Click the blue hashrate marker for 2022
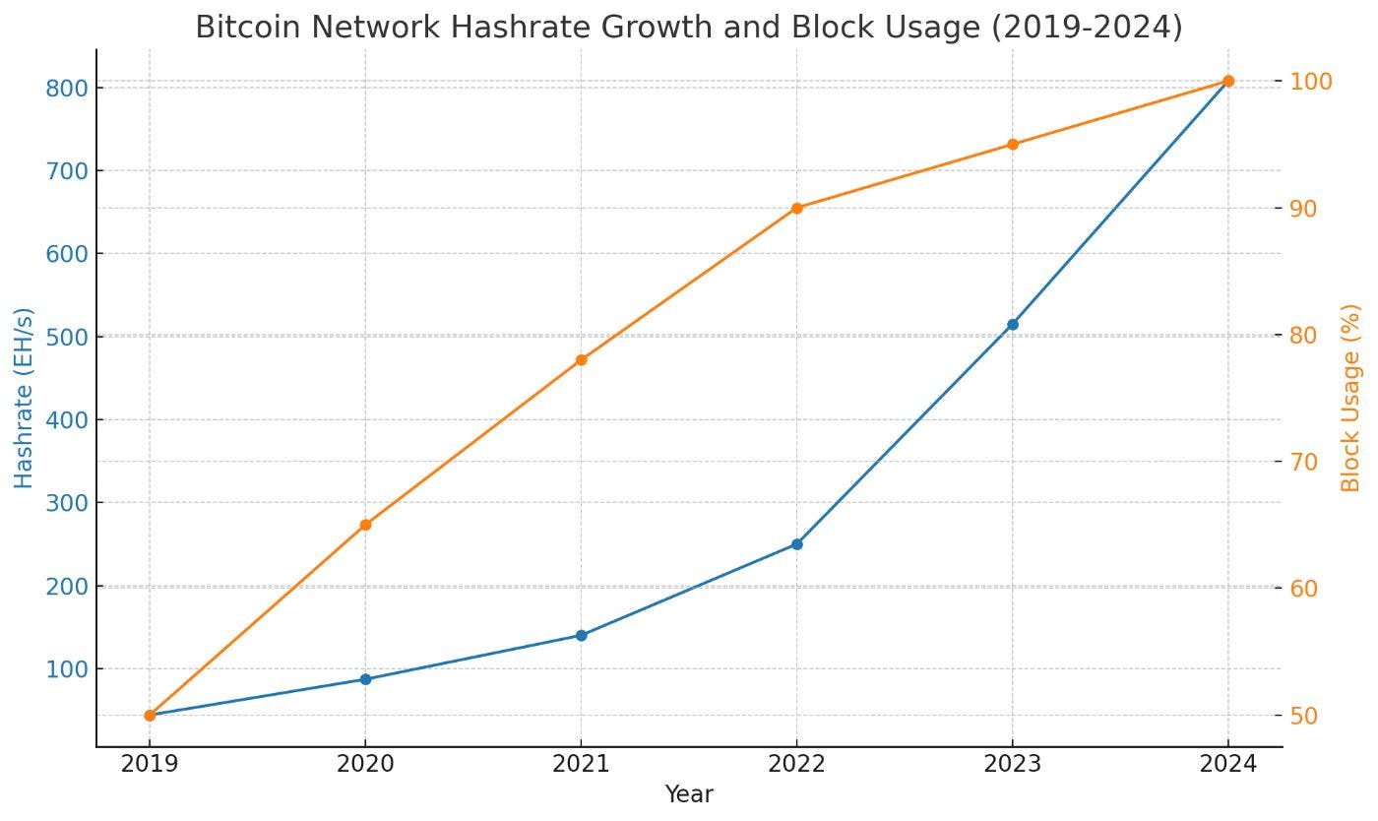point(796,543)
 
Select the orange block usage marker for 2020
point(365,525)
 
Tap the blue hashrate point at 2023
point(1012,324)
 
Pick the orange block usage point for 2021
point(581,360)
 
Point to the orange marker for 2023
point(1012,145)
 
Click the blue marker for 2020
point(365,679)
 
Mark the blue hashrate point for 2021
point(581,635)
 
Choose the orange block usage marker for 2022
point(796,208)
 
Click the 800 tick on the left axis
point(66,89)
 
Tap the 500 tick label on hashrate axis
point(66,337)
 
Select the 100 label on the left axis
point(66,669)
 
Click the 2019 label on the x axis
point(150,764)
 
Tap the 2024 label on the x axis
point(1227,764)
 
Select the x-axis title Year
point(689,794)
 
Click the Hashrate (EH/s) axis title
point(24,398)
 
